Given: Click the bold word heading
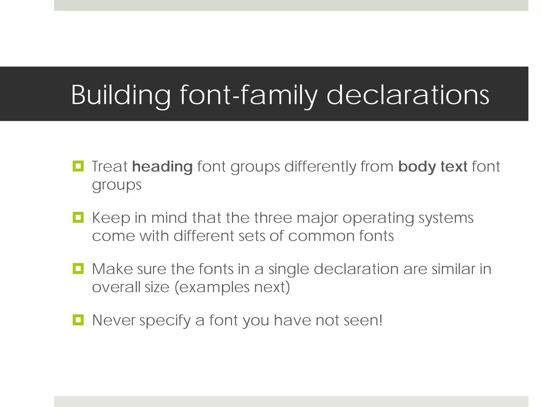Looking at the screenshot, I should (162, 167).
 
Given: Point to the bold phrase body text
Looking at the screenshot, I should (433, 167).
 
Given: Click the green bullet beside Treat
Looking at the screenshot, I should (78, 166).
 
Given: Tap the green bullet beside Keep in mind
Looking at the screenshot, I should (78, 217).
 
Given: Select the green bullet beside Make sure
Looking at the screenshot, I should (78, 269).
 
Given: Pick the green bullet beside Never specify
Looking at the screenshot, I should (78, 320).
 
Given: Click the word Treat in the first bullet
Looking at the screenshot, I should (110, 167).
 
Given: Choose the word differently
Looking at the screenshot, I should (320, 167).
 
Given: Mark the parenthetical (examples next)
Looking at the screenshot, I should (232, 287).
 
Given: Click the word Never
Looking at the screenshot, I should (114, 320).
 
